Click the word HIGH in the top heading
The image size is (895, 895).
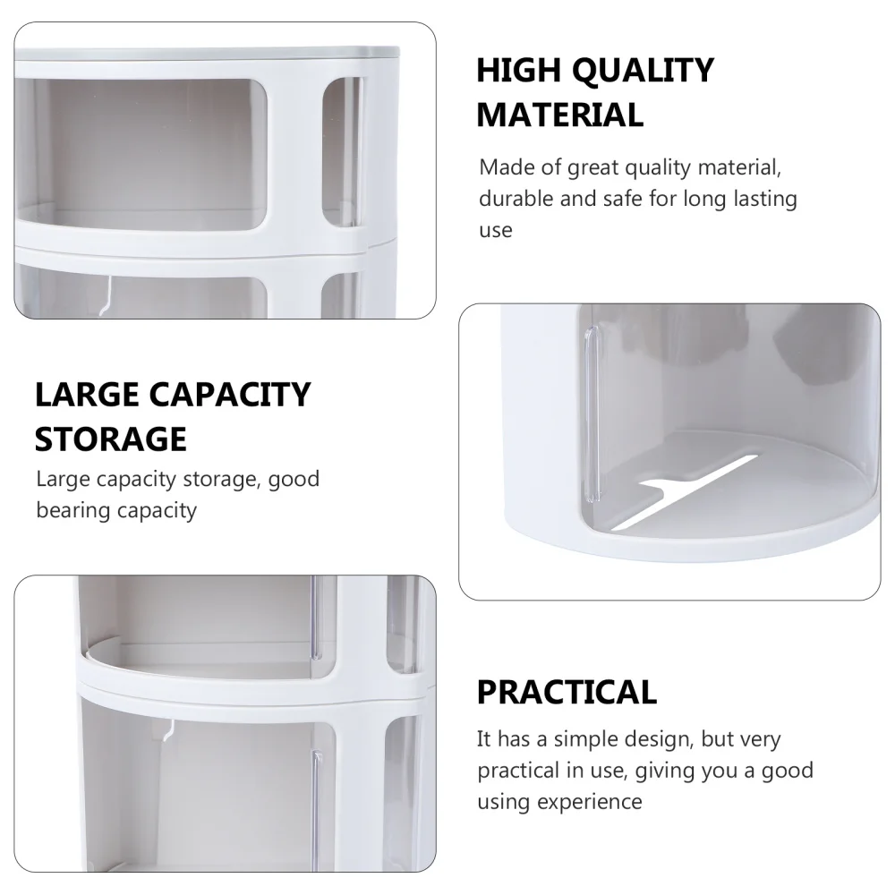point(516,71)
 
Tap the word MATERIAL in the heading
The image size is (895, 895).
point(559,115)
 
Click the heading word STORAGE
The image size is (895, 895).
point(111,439)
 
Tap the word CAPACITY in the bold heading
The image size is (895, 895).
point(235,394)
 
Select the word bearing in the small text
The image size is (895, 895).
point(72,510)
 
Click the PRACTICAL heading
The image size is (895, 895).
point(567,692)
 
